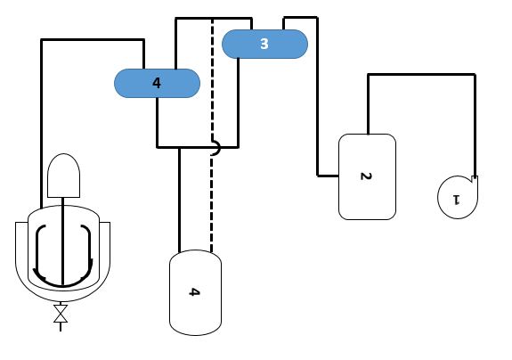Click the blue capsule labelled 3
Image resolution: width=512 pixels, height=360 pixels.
click(x=264, y=44)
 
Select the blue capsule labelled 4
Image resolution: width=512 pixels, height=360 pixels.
click(x=157, y=83)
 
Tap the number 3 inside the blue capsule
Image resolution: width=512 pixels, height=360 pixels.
click(x=264, y=44)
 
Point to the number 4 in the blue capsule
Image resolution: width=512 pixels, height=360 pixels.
click(x=157, y=83)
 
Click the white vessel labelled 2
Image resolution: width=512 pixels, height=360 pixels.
click(x=367, y=176)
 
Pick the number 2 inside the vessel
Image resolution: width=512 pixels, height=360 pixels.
click(x=365, y=176)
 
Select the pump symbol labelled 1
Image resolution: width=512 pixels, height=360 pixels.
click(x=457, y=196)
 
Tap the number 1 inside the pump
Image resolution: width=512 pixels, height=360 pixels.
click(x=456, y=197)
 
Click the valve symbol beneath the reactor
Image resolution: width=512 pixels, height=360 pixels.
click(x=61, y=314)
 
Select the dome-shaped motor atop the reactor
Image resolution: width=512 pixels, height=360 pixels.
click(x=64, y=176)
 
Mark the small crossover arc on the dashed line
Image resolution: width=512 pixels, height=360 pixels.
click(x=214, y=151)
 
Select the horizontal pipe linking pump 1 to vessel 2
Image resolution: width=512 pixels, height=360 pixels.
click(x=421, y=75)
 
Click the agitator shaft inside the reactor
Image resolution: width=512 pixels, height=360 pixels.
click(x=62, y=241)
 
